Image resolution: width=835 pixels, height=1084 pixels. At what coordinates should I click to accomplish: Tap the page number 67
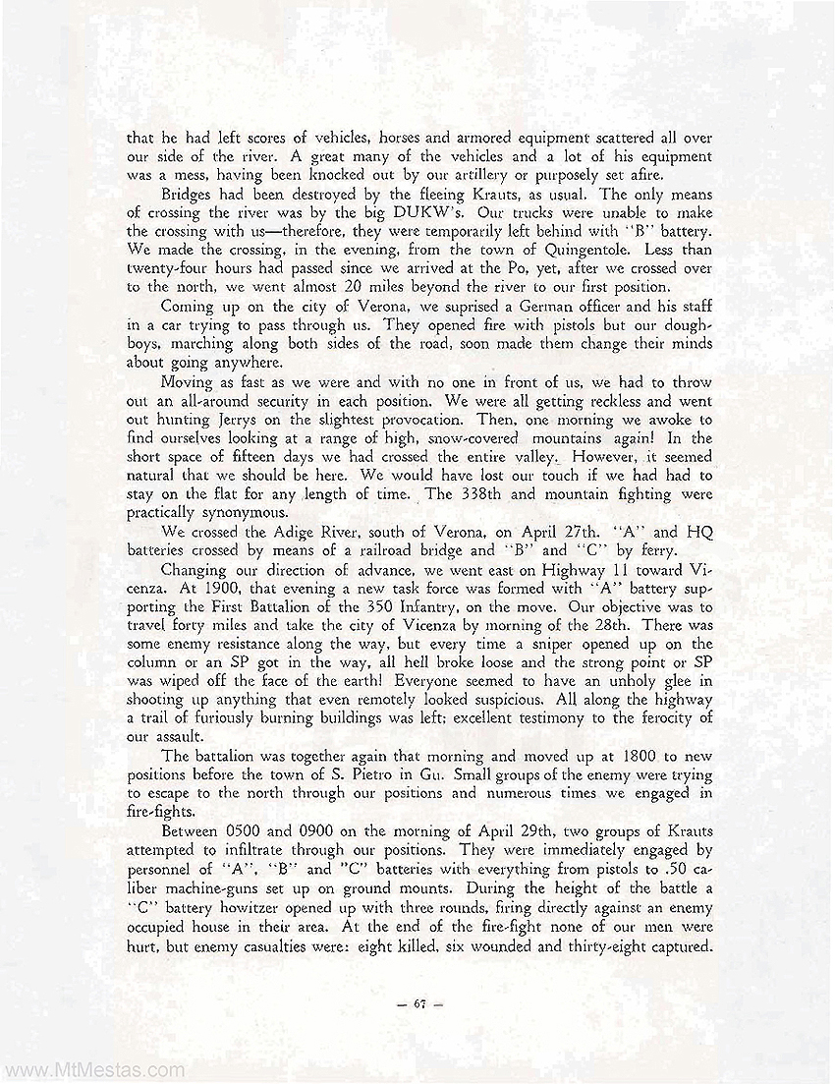click(419, 1003)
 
